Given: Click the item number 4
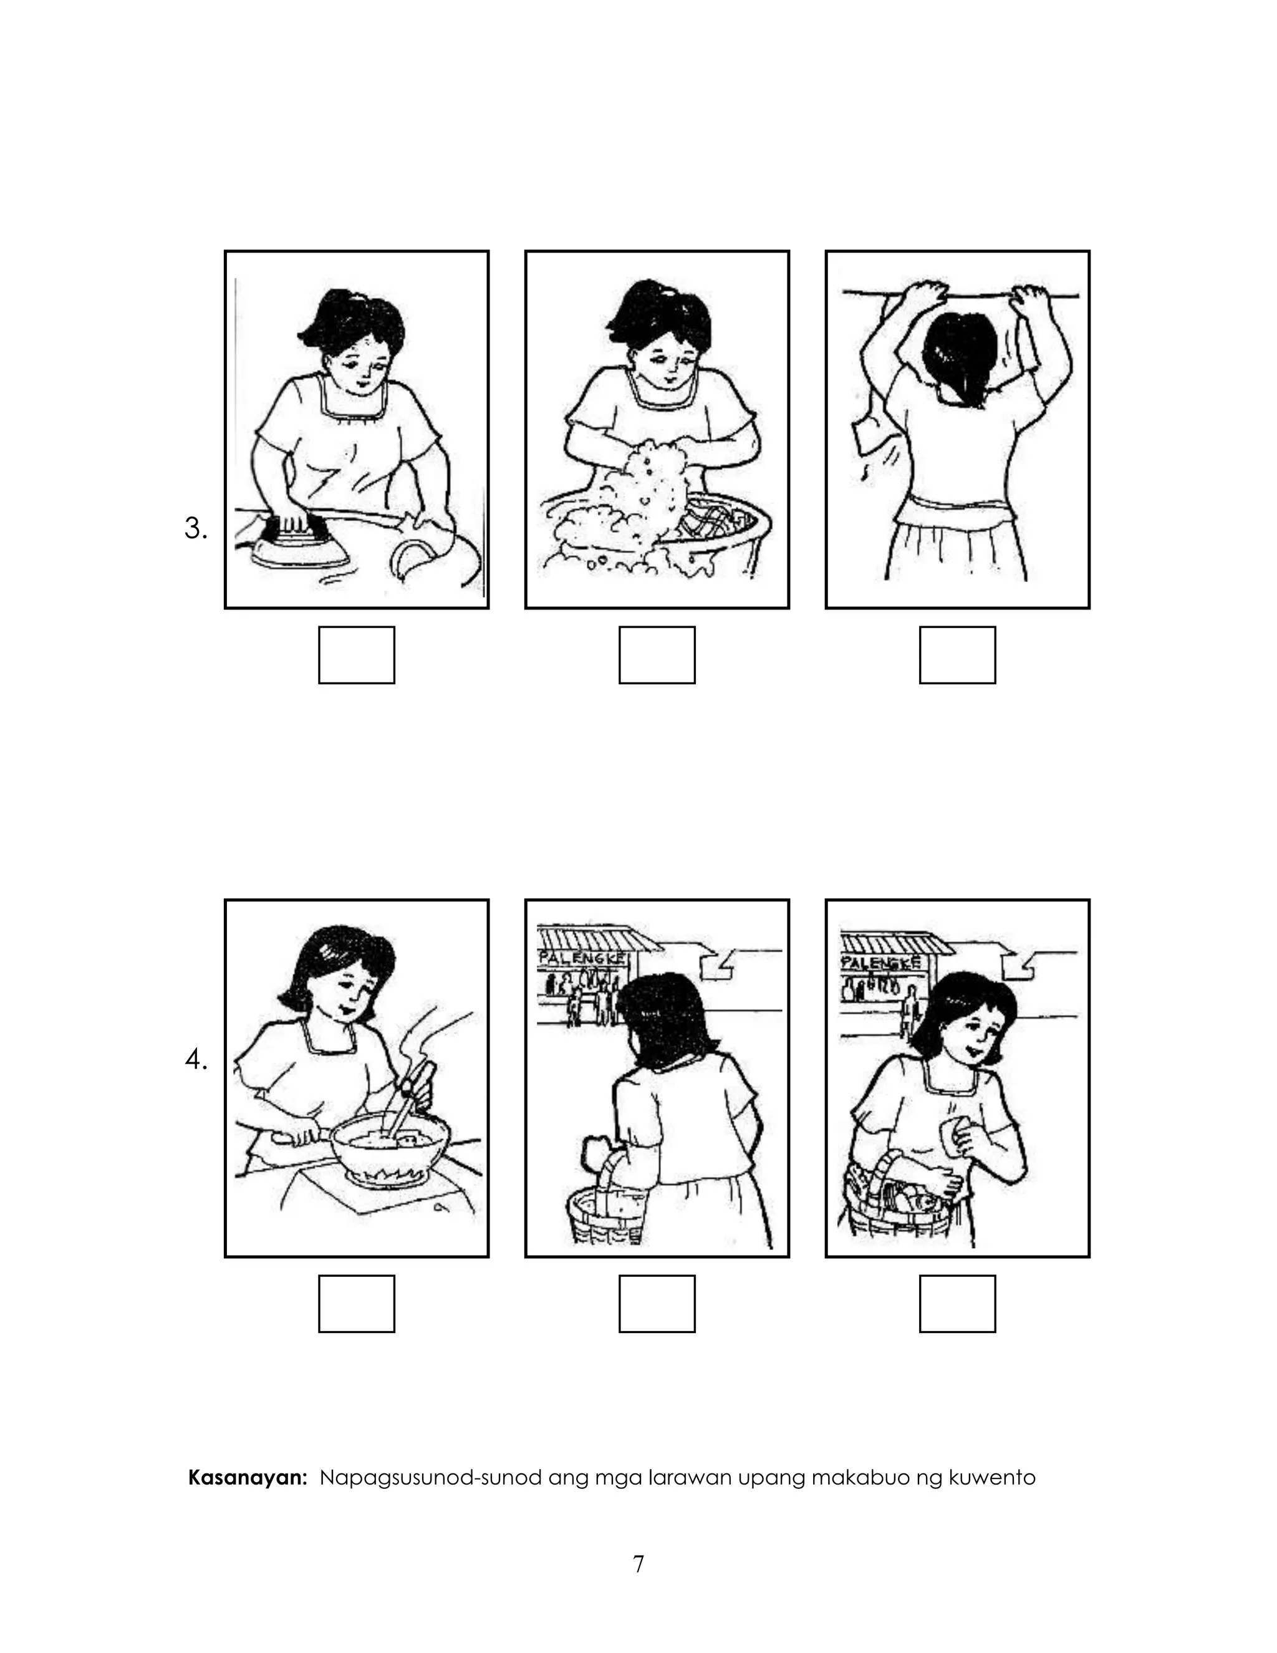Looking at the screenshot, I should coord(195,1060).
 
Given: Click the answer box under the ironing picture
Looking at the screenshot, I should coord(356,655).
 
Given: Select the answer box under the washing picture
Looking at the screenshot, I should coord(657,655).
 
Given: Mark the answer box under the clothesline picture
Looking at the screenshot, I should coord(957,655).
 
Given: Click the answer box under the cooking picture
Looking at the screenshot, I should coord(356,1303).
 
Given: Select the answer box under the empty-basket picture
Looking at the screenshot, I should coord(657,1303).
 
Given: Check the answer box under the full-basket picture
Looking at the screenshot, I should coord(957,1303).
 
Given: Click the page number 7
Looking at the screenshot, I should coord(638,1564).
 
